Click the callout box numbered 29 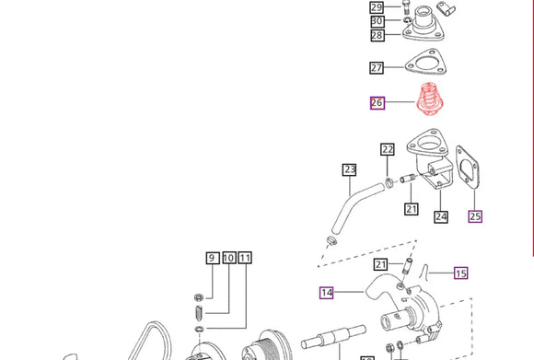[377, 7]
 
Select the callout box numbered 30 [377, 21]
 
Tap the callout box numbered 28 [377, 35]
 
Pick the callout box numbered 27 [377, 67]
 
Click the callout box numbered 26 [377, 103]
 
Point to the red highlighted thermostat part [428, 99]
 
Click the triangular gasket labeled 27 [425, 63]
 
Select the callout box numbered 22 [388, 149]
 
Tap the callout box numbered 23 [350, 170]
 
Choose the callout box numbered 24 [441, 217]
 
